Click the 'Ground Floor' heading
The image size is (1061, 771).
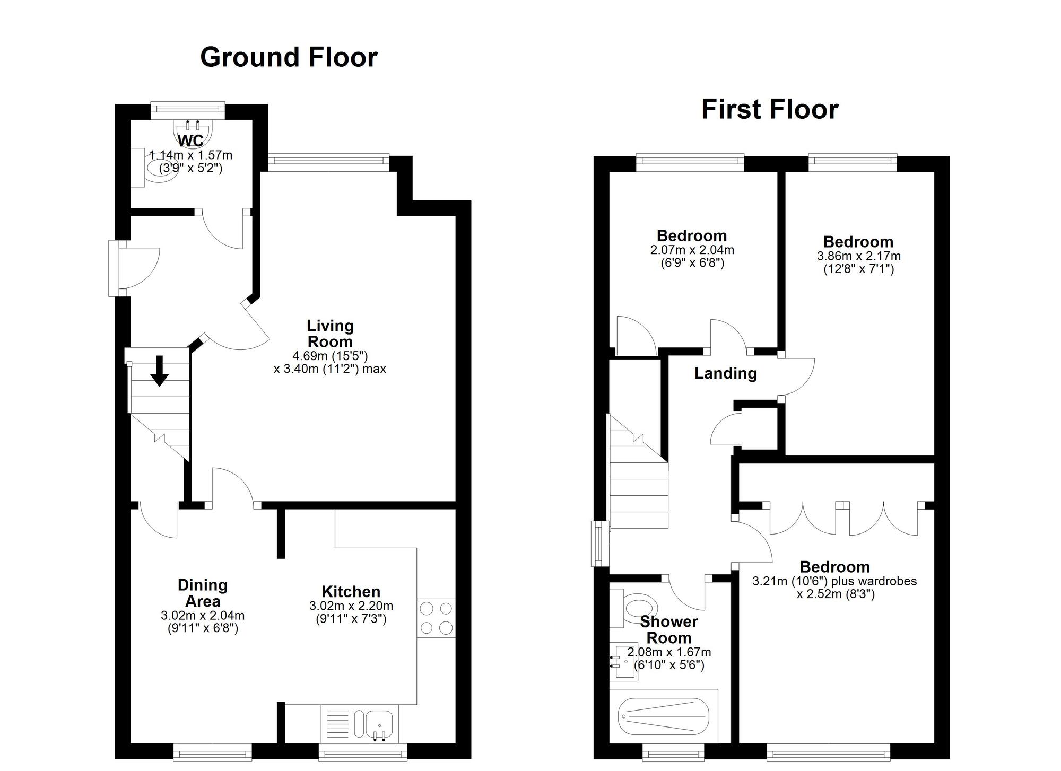tap(289, 58)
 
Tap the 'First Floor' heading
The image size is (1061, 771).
tap(770, 109)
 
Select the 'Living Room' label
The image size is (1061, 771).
tap(330, 334)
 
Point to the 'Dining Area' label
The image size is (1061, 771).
tap(203, 593)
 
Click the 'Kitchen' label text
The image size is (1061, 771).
tap(351, 592)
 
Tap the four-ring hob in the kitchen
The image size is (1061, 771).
tap(437, 618)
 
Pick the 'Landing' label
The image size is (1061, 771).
tap(726, 373)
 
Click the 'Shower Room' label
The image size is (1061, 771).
tap(669, 629)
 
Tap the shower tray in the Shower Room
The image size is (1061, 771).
tap(663, 716)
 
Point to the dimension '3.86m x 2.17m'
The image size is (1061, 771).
tap(858, 256)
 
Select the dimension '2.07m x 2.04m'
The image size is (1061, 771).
tap(692, 250)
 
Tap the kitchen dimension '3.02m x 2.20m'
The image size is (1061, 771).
tap(351, 606)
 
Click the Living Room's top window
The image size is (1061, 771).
tap(328, 162)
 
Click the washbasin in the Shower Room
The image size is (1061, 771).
tap(623, 661)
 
